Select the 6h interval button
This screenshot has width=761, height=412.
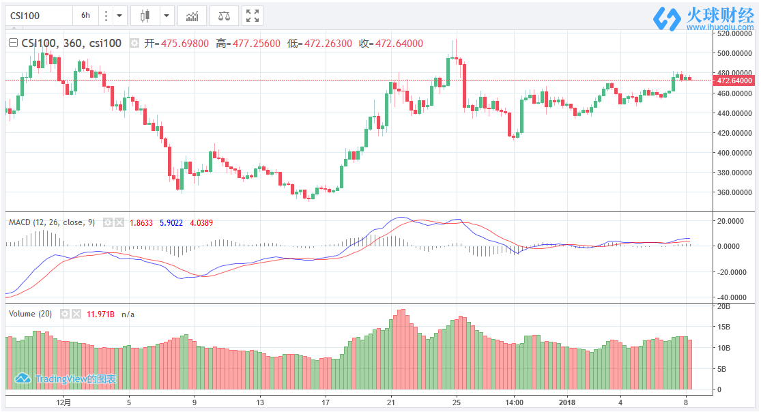[x=85, y=15]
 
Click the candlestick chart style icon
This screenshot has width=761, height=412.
[x=144, y=15]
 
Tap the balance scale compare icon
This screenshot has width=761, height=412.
[x=224, y=15]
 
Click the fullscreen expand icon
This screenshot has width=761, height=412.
[x=252, y=15]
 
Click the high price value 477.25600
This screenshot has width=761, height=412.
[x=257, y=44]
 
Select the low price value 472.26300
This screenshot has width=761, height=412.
[x=329, y=44]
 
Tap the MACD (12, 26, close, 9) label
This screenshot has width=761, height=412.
[x=51, y=222]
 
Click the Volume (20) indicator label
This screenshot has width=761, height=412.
[x=31, y=314]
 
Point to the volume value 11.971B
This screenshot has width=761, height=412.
[x=100, y=314]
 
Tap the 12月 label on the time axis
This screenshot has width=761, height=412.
[x=63, y=402]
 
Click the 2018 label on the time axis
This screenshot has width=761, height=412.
[x=567, y=402]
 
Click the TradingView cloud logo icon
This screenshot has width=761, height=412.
[x=23, y=378]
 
